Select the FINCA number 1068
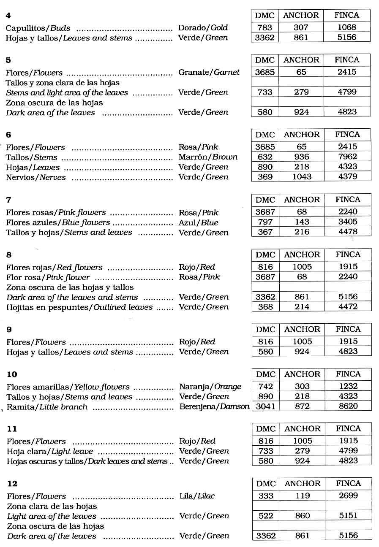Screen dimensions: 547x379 coord(347,27)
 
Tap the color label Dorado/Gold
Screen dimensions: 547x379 coord(203,28)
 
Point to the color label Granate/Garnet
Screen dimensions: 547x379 coord(209,72)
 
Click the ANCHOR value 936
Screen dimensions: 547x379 coord(301,157)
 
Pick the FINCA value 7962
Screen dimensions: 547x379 coord(348,157)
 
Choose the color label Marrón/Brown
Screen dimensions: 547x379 coord(208,157)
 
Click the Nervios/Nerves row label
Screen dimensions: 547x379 coord(36,177)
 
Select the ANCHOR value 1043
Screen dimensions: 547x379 coord(302,177)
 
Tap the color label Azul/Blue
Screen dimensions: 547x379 coord(198,222)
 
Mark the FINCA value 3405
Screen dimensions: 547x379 coord(348,222)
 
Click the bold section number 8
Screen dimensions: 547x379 coord(9,255)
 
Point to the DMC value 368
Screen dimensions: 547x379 coord(265,307)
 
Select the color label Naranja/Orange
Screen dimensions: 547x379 coord(210,387)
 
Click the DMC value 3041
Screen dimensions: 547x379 coord(265,406)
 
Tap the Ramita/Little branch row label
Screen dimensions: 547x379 coord(47,407)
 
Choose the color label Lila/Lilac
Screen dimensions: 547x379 coord(197,496)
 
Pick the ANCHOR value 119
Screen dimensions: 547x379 coord(303,496)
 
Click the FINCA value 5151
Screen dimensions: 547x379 coord(348,516)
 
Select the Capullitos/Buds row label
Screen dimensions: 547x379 coord(38,28)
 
